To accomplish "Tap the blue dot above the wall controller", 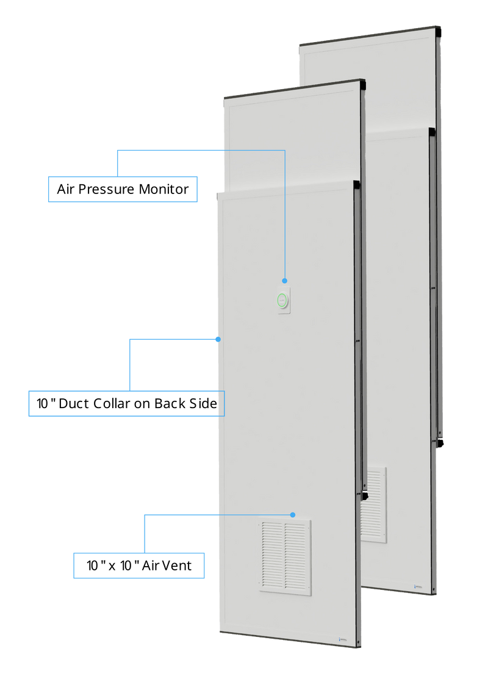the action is [x=285, y=281].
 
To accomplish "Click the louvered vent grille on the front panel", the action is [x=285, y=557].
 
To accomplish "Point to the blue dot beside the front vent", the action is [x=293, y=514].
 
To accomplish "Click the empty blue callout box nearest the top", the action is [x=123, y=189].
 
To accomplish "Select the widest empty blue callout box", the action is [x=126, y=404].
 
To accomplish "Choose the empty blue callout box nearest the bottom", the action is [x=139, y=565].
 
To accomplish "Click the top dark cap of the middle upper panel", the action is [x=293, y=87].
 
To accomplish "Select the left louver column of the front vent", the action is [x=273, y=556].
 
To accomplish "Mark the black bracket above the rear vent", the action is [x=364, y=497].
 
